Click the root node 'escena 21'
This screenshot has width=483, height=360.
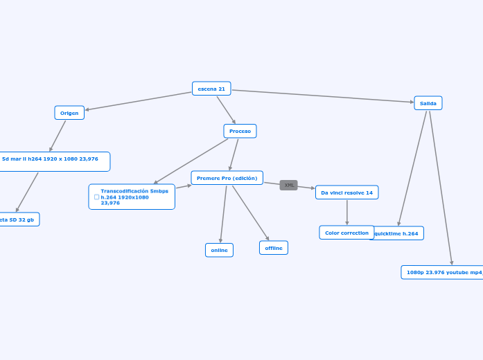211,89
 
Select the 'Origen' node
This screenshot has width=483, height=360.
69,113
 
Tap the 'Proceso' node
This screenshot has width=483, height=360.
240,131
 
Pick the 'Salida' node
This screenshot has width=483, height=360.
428,103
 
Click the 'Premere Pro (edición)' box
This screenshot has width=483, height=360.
227,178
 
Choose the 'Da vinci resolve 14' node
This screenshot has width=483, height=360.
346,192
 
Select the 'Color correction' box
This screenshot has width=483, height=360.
346,233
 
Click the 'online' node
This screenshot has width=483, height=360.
219,250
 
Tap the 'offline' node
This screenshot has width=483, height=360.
274,248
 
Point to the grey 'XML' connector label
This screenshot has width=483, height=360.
289,185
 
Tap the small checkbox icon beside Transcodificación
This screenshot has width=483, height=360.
96,197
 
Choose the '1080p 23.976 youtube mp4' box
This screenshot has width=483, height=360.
442,272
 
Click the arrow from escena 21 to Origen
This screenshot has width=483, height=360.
139,100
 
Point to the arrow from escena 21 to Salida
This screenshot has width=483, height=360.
322,96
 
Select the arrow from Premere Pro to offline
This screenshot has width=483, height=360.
250,213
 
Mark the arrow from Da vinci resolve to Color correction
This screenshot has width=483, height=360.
347,212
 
